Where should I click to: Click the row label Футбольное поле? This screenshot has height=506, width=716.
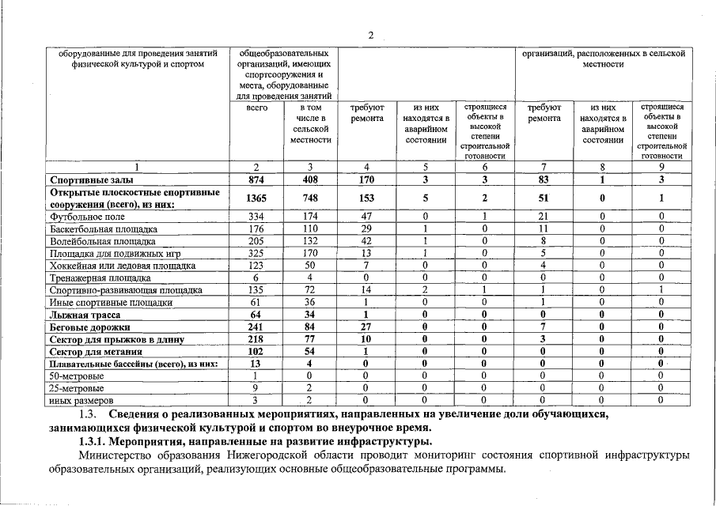[x=87, y=216]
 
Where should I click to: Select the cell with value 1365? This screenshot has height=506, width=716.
[x=256, y=198]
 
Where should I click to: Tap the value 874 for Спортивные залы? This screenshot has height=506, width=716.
[x=256, y=180]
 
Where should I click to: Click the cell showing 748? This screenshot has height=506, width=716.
[x=310, y=198]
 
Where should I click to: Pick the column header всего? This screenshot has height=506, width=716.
[x=256, y=107]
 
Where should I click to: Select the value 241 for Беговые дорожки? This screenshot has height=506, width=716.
[x=256, y=327]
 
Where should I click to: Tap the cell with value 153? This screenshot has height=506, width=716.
[x=366, y=198]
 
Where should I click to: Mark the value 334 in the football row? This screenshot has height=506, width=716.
[x=256, y=216]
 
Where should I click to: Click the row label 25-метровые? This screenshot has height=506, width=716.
[x=77, y=388]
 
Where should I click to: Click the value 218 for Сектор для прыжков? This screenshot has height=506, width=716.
[x=256, y=339]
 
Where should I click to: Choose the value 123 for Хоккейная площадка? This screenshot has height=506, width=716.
[x=256, y=266]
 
